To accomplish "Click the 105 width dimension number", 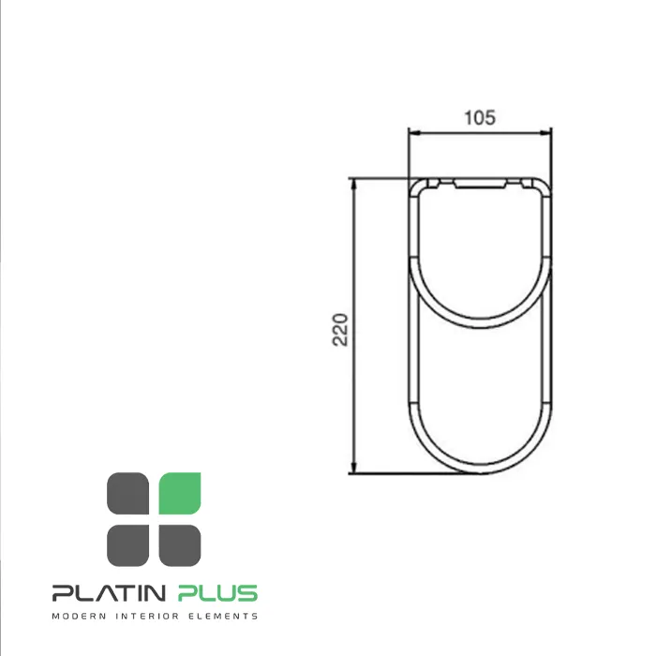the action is (x=480, y=117).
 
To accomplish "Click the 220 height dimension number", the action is (x=339, y=330).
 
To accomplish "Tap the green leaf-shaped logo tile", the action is (x=180, y=493).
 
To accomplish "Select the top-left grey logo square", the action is (x=128, y=493).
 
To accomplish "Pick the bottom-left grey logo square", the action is (x=128, y=545).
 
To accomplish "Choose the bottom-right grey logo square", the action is (x=180, y=545).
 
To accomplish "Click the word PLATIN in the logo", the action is (x=109, y=593).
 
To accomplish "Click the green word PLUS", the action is (x=217, y=593).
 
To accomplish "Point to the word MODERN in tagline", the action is (x=79, y=616).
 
